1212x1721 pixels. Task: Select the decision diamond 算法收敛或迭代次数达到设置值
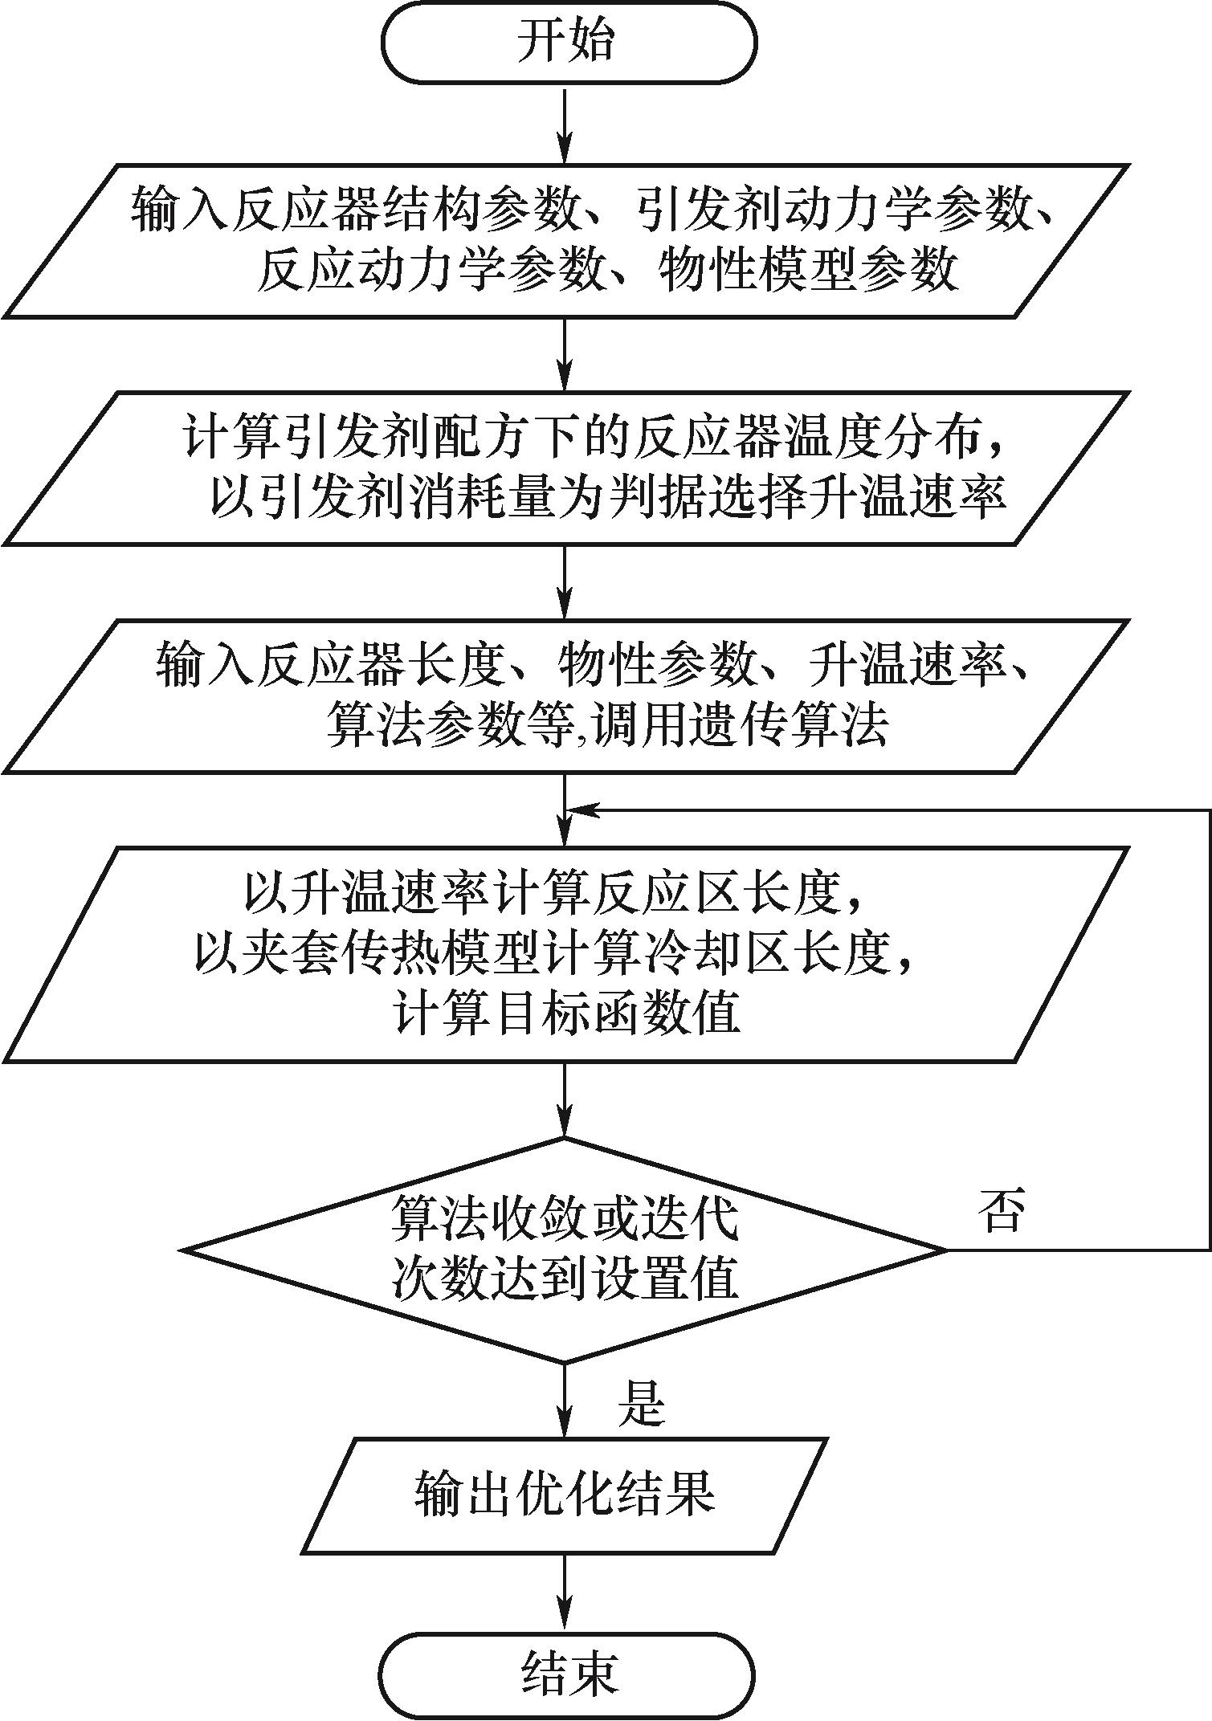pyautogui.click(x=565, y=1250)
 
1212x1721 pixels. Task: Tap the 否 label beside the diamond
pyautogui.click(x=1002, y=1210)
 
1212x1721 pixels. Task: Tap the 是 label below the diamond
pyautogui.click(x=641, y=1403)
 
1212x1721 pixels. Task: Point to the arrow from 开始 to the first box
pyautogui.click(x=566, y=124)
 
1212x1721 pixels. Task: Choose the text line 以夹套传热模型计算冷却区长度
pyautogui.click(x=554, y=954)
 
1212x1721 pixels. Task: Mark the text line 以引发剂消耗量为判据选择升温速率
pyautogui.click(x=608, y=498)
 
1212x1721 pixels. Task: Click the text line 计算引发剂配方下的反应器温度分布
pyautogui.click(x=594, y=438)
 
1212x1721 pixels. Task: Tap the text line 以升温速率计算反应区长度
pyautogui.click(x=554, y=893)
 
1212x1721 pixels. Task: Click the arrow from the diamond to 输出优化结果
pyautogui.click(x=566, y=1398)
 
